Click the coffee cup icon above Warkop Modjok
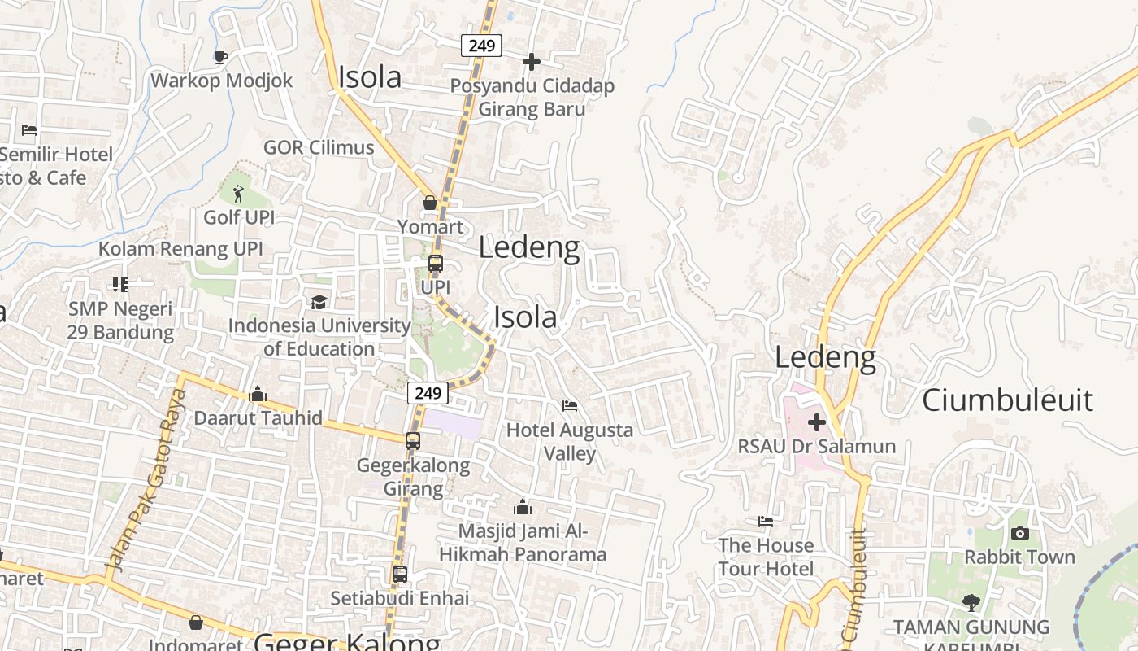pyautogui.click(x=220, y=57)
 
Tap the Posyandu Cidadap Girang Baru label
pyautogui.click(x=532, y=97)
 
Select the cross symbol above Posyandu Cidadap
pyautogui.click(x=532, y=62)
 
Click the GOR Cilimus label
pyautogui.click(x=319, y=147)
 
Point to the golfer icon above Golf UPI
pyautogui.click(x=238, y=194)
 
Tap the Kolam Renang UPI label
pyautogui.click(x=180, y=248)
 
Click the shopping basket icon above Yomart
pyautogui.click(x=430, y=202)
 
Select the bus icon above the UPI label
pyautogui.click(x=436, y=264)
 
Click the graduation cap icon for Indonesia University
pyautogui.click(x=319, y=303)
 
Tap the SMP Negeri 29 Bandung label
pyautogui.click(x=120, y=321)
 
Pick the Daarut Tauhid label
pyautogui.click(x=258, y=418)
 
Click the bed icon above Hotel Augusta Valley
pyautogui.click(x=570, y=405)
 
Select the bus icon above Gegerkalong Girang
pyautogui.click(x=413, y=441)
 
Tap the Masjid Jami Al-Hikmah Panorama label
pyautogui.click(x=523, y=543)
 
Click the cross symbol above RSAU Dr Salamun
pyautogui.click(x=817, y=422)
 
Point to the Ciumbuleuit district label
pyautogui.click(x=1007, y=400)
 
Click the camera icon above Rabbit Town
pyautogui.click(x=1020, y=534)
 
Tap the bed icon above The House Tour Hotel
pyautogui.click(x=766, y=522)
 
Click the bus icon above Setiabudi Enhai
pyautogui.click(x=399, y=574)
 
